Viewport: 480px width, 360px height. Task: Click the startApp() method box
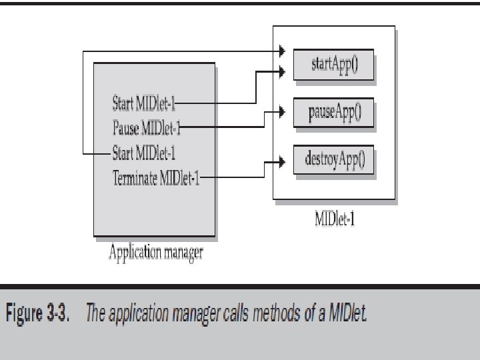coord(333,66)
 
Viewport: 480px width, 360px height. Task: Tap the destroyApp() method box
coord(333,160)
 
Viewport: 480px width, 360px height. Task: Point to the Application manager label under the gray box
coord(155,253)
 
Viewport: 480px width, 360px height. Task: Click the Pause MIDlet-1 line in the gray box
coord(146,125)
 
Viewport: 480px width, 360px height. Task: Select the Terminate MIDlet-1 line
coord(155,177)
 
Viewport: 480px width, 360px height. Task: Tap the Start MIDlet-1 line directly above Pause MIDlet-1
coord(143,103)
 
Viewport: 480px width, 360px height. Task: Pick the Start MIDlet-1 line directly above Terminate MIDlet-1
coord(143,154)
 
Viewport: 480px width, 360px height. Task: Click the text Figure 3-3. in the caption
coord(43,313)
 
